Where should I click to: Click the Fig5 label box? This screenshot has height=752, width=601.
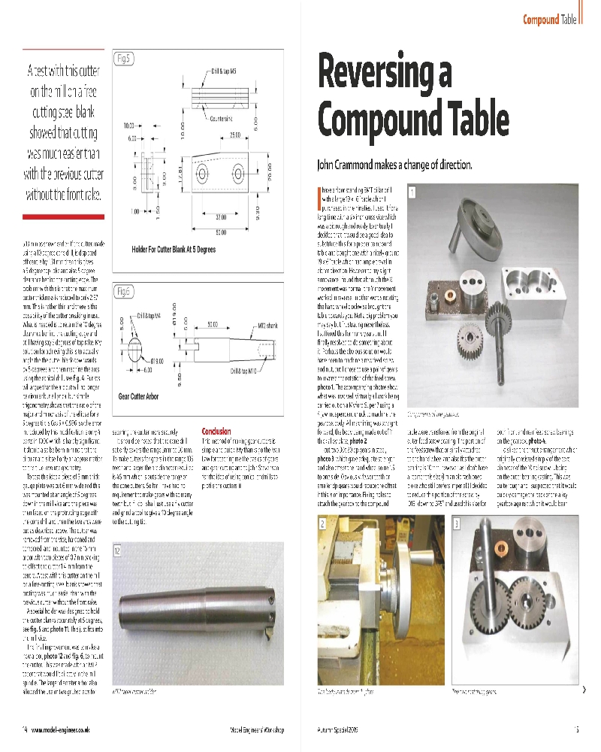123,58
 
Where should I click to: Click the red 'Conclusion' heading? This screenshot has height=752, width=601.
216,431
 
